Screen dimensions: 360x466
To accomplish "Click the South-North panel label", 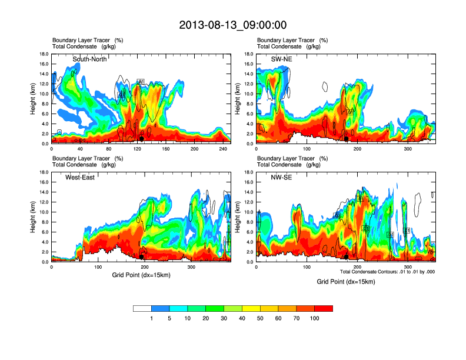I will pos(90,59).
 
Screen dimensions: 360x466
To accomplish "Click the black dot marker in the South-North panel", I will pos(141,138).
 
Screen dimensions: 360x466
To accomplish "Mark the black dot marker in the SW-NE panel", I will pos(347,139).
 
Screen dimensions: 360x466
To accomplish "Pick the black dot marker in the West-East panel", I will pos(141,256).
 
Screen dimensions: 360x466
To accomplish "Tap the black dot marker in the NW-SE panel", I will pos(347,256).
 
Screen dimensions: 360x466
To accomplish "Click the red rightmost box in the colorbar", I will pos(324,308).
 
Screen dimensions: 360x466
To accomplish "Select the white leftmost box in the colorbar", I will pos(142,308).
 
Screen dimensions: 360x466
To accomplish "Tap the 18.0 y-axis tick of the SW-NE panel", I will pos(249,55).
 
